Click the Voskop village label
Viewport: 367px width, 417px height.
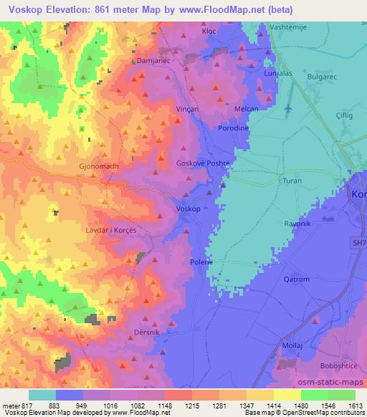pyautogui.click(x=188, y=208)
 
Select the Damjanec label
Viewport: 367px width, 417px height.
pyautogui.click(x=152, y=62)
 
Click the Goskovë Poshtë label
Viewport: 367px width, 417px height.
pyautogui.click(x=203, y=163)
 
